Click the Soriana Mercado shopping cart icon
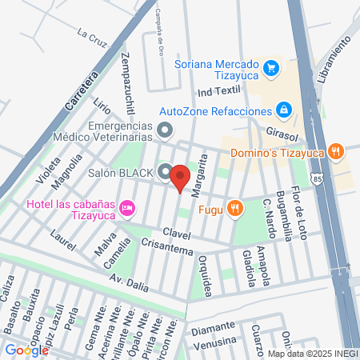[271, 67]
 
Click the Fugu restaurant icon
[234, 209]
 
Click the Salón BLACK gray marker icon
[165, 172]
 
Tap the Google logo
[26, 350]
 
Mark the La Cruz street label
[92, 34]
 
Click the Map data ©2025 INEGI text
[311, 353]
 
